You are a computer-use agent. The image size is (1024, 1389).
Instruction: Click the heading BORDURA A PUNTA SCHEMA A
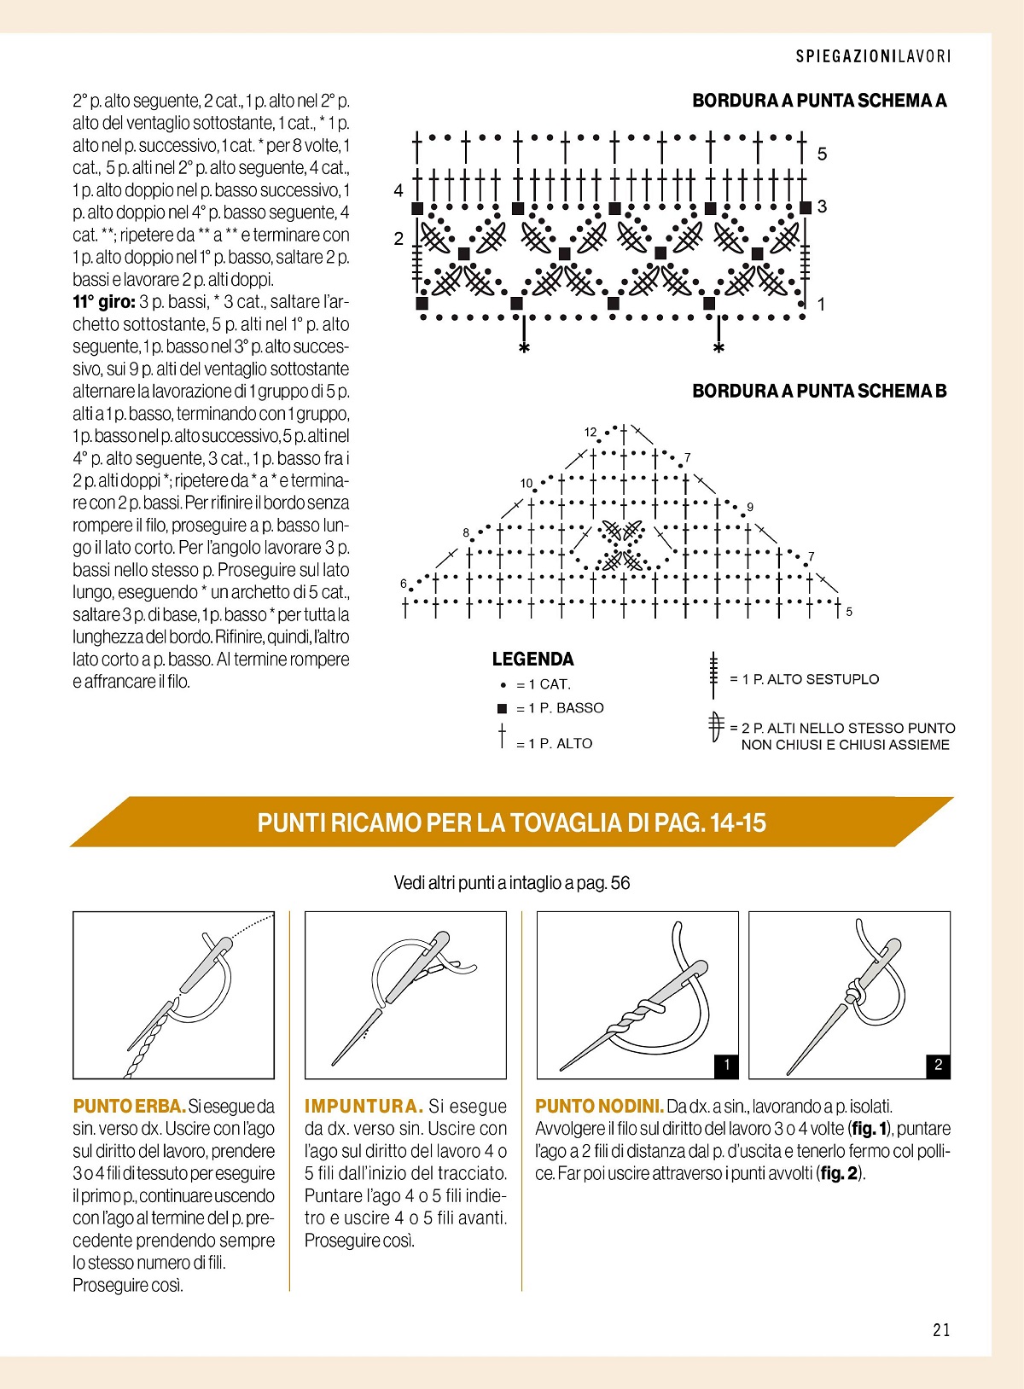point(819,101)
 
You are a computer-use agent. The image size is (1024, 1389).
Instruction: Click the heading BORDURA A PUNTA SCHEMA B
point(819,392)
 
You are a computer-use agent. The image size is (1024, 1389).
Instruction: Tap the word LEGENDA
point(532,660)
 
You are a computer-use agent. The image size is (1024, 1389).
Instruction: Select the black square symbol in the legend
point(503,708)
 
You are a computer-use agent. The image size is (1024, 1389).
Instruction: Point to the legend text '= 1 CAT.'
point(544,684)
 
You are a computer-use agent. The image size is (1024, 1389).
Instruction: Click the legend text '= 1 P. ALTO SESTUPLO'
point(804,679)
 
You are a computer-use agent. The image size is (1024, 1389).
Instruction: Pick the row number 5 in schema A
point(822,154)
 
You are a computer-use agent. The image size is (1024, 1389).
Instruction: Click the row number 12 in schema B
point(591,433)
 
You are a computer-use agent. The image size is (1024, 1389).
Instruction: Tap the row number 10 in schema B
point(527,484)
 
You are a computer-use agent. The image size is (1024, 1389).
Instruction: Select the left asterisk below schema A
point(524,349)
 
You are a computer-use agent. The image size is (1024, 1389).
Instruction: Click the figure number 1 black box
point(726,1065)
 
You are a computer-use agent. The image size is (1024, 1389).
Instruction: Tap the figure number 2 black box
point(938,1065)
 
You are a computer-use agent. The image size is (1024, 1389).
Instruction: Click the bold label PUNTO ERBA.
point(129,1107)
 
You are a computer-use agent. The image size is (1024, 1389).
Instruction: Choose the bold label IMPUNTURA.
point(364,1107)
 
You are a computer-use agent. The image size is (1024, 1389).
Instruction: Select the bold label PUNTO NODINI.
point(599,1107)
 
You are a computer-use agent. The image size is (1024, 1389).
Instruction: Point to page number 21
point(941,1329)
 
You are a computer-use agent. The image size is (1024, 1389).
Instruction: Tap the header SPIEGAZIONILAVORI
point(873,56)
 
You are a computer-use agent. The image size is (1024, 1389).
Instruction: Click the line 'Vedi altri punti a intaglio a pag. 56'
point(511,883)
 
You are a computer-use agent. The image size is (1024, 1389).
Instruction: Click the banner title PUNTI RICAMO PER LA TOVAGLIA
point(512,822)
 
